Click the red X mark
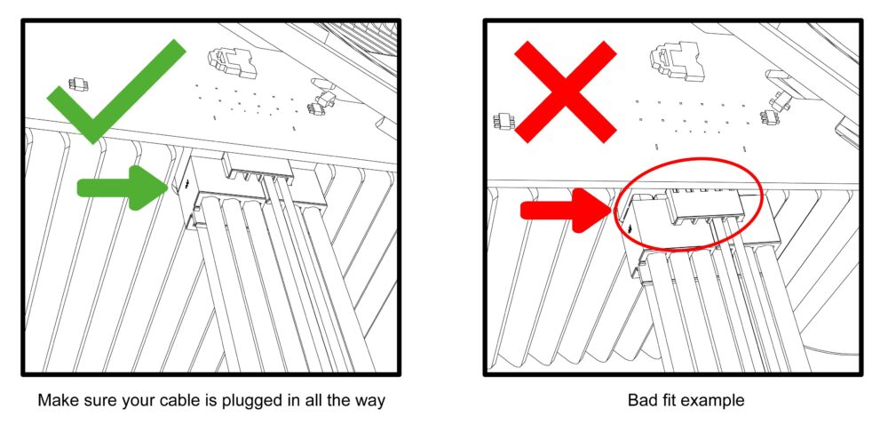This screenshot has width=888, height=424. coord(565,92)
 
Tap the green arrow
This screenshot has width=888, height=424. coord(123,188)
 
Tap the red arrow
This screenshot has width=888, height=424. coord(567,211)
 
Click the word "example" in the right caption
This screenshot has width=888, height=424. coord(712,401)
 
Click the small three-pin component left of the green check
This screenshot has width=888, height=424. coord(78,84)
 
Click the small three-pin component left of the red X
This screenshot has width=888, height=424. coord(503,121)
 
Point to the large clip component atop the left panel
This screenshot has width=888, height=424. coord(233,61)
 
